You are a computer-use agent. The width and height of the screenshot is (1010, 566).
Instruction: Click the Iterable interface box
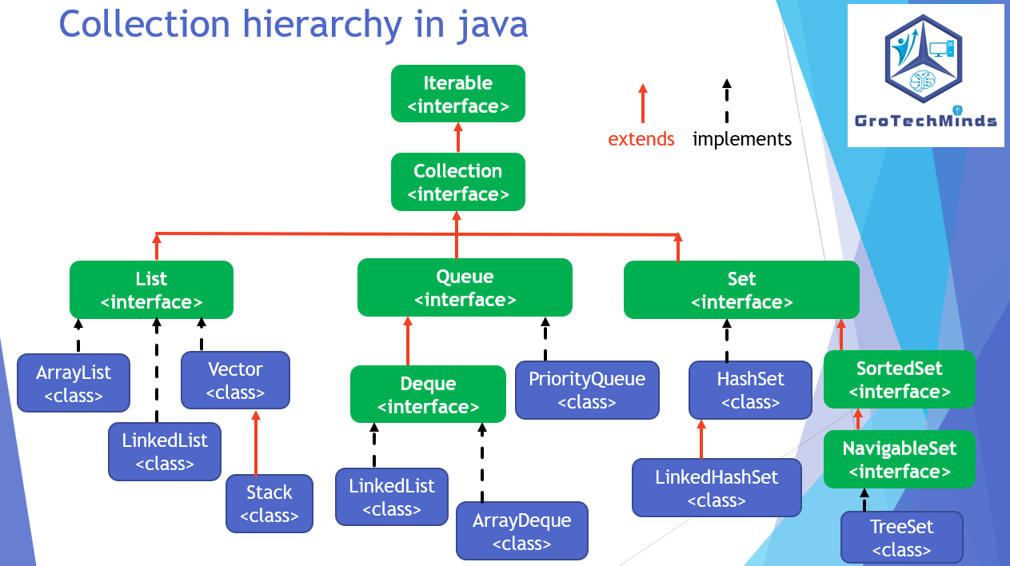click(457, 94)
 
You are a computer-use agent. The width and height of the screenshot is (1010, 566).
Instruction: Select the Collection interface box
click(457, 182)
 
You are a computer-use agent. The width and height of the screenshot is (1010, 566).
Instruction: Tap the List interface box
click(151, 290)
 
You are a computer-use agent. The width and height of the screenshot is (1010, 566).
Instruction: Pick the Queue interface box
click(465, 288)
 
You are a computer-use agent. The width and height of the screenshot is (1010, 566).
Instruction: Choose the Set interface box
click(741, 290)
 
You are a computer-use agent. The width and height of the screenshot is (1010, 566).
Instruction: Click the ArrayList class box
click(74, 383)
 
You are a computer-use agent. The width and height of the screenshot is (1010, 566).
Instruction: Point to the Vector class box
click(235, 381)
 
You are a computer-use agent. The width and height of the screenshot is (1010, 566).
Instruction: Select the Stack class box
click(269, 504)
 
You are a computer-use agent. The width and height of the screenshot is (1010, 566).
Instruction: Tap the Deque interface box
click(428, 395)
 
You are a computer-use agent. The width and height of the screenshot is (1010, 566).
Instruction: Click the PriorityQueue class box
click(586, 390)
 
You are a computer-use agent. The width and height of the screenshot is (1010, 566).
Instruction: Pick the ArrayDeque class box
click(521, 532)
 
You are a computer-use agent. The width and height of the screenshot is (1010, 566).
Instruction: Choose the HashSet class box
click(750, 390)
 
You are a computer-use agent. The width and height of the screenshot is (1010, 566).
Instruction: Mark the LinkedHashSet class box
click(717, 488)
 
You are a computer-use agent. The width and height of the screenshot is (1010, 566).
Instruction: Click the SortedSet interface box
click(899, 380)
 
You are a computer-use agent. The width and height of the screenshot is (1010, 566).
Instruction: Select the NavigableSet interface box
click(899, 460)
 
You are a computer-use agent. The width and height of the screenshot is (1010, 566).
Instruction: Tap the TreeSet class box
click(901, 538)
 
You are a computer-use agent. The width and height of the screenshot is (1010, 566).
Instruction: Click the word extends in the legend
click(641, 139)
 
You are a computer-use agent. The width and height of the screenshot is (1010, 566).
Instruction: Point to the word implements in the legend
click(742, 139)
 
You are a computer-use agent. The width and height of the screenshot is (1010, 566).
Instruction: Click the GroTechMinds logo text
click(925, 121)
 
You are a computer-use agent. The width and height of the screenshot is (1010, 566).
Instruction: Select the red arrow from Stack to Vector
click(256, 444)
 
